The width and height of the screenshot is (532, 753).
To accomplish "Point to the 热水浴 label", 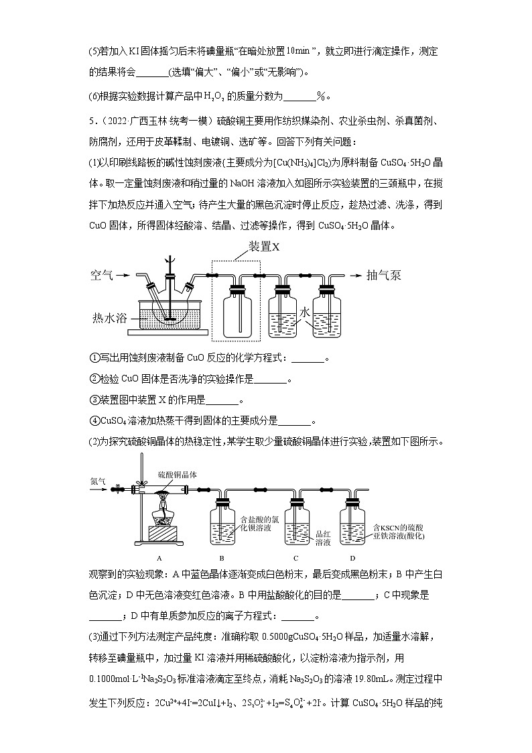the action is click(109, 317).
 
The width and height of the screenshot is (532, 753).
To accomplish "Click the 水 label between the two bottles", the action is click(305, 312).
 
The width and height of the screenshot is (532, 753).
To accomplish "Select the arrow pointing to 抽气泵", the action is click(354, 275).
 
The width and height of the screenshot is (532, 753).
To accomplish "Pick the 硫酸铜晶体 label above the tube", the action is click(178, 474).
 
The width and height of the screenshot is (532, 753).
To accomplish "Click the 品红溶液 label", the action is click(323, 538).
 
